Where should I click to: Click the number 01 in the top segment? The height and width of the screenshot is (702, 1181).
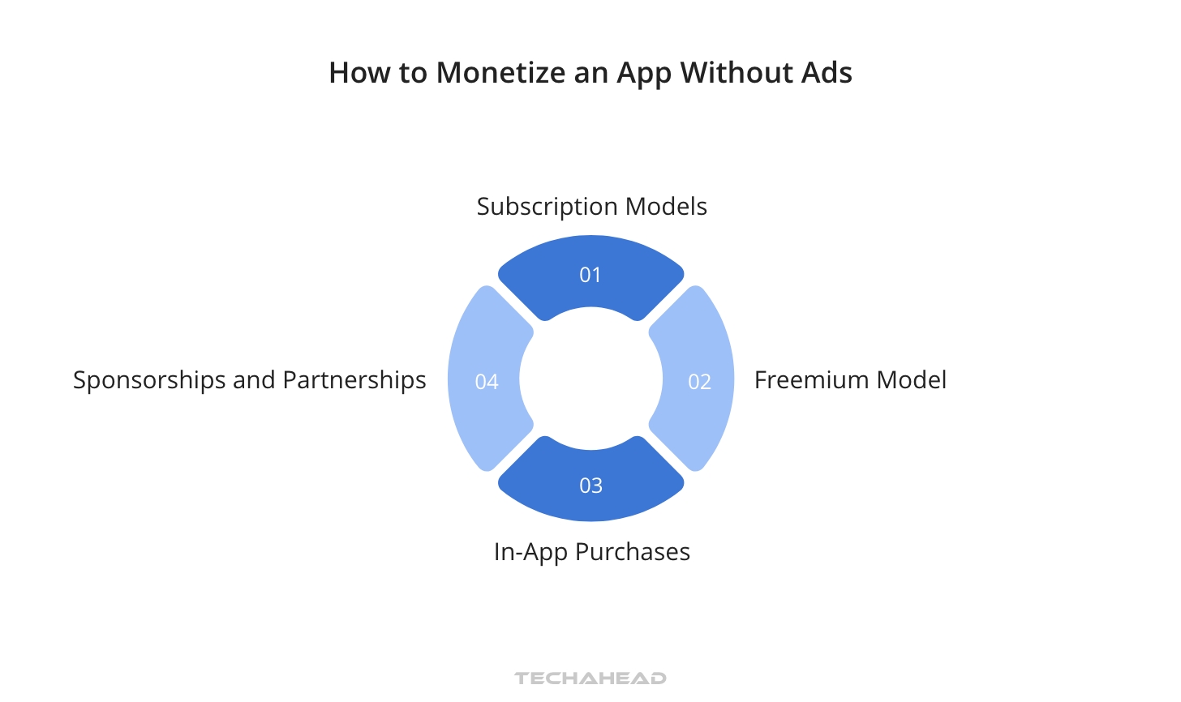590,275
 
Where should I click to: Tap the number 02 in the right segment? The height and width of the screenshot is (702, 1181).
699,382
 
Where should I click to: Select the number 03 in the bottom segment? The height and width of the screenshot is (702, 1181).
590,486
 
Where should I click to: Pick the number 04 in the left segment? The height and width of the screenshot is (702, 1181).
487,382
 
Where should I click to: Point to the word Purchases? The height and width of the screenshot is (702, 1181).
633,552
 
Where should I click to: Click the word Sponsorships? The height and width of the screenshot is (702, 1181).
149,381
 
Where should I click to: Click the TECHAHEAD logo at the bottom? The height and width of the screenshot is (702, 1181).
590,678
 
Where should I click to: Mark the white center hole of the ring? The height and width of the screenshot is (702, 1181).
590,379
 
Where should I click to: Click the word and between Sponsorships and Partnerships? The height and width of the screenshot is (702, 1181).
254,380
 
